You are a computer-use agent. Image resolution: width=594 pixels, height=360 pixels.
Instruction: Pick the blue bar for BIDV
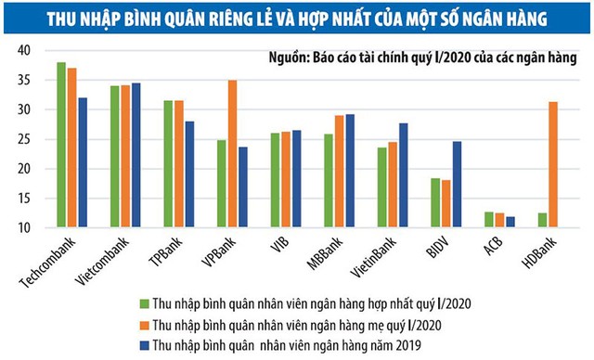(x=457, y=185)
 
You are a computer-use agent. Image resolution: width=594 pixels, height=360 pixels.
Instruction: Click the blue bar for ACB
(x=510, y=223)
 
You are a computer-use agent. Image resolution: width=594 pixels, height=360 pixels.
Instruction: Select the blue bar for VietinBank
(x=403, y=175)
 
